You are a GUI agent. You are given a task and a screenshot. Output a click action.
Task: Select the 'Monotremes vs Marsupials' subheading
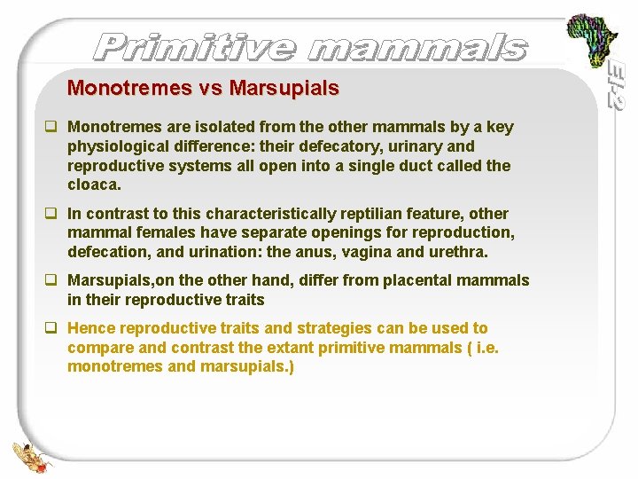(203, 89)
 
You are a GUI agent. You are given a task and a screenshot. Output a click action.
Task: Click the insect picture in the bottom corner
(32, 455)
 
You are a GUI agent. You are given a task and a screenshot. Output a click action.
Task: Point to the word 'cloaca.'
(94, 185)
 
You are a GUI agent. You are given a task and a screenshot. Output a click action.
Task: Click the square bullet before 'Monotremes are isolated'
(53, 127)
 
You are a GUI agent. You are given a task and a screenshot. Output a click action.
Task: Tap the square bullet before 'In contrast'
(53, 214)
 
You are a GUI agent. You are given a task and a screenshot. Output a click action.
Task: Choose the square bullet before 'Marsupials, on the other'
(53, 280)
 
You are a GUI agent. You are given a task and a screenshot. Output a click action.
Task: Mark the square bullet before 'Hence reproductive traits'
(53, 328)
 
